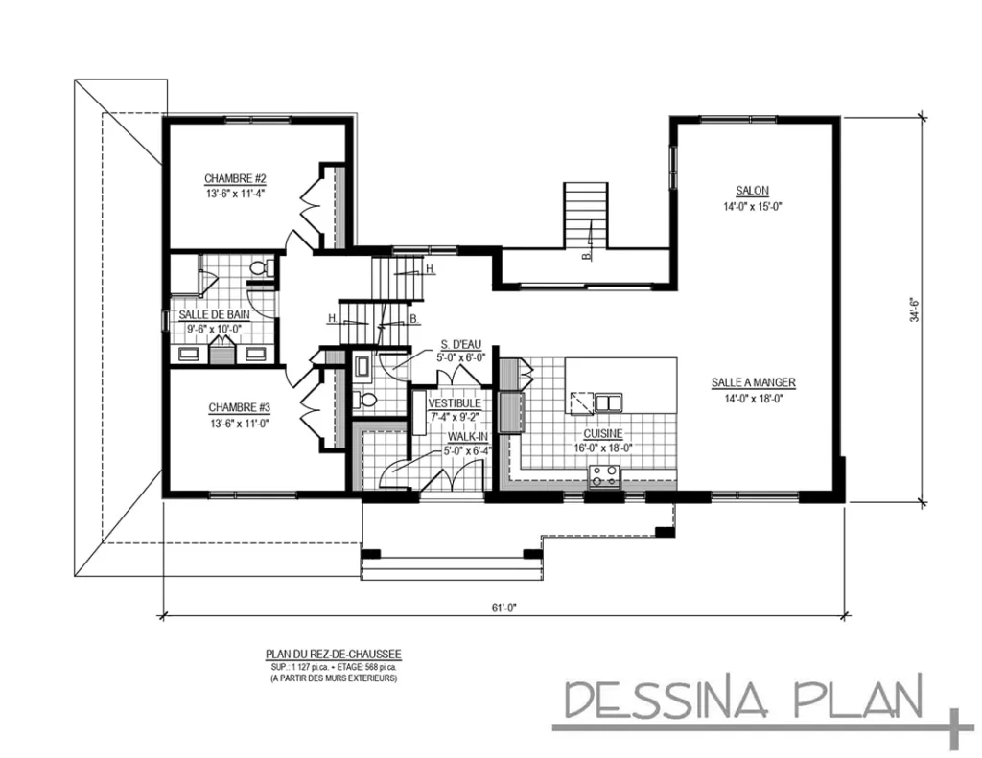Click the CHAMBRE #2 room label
[x=234, y=178]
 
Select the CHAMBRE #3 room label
[x=234, y=406]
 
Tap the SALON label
[x=753, y=191]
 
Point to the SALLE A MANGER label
[x=753, y=382]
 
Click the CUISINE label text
[x=603, y=433]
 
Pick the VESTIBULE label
[x=455, y=403]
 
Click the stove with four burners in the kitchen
[x=604, y=472]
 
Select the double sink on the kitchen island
[x=607, y=402]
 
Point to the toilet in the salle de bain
[x=259, y=269]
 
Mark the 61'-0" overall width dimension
[x=502, y=608]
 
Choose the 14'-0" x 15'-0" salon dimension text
[x=753, y=206]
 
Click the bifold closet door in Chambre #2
[x=312, y=201]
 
